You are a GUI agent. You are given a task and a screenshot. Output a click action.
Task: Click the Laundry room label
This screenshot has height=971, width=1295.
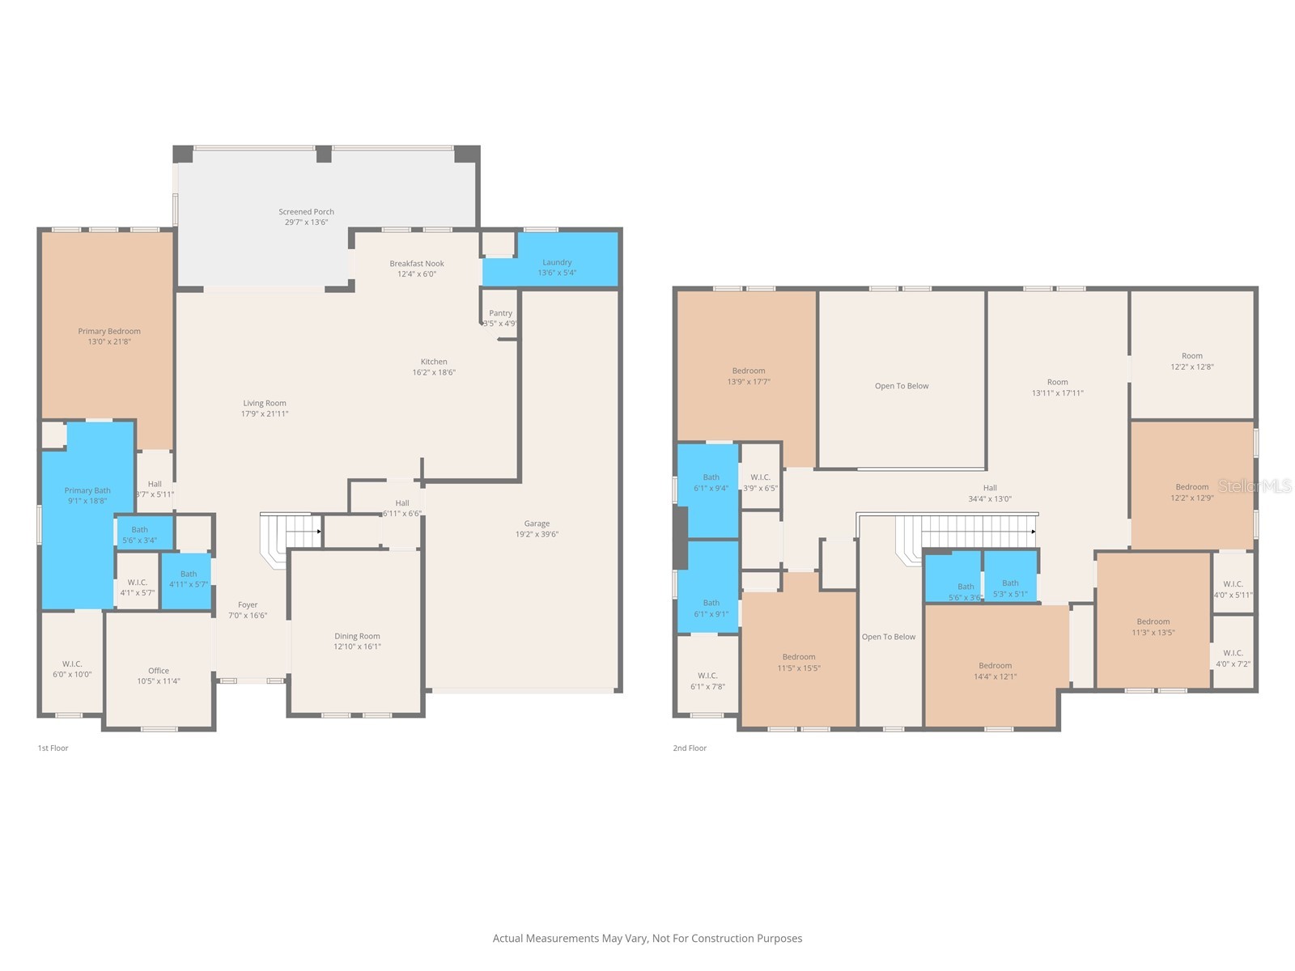coord(557,262)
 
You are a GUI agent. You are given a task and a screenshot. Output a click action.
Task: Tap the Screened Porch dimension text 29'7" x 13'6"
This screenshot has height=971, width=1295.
coord(306,223)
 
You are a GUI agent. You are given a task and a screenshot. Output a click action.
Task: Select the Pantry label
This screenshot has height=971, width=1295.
coord(500,313)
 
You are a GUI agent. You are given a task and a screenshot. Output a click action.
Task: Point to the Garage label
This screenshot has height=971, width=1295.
coord(537,524)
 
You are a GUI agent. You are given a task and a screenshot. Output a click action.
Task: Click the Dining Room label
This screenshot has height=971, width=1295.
coord(357,636)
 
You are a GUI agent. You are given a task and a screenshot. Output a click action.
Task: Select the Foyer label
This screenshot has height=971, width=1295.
coord(248,604)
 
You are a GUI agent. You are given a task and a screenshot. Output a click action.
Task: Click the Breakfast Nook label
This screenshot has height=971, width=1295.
coord(417,263)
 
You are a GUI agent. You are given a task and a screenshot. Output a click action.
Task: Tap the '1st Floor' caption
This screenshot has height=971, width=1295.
coord(53,748)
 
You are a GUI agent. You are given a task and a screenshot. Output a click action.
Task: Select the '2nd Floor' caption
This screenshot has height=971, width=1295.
coord(690,748)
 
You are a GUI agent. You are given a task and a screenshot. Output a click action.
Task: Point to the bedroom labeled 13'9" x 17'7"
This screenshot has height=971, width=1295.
coord(749,376)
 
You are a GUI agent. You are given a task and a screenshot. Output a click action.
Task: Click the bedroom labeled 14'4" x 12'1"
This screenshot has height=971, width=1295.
coord(995,671)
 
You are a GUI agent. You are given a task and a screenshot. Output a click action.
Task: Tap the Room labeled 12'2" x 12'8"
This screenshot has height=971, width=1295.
coord(1191,361)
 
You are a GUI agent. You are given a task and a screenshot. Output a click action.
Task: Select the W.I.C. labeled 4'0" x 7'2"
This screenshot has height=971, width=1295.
coord(1233,658)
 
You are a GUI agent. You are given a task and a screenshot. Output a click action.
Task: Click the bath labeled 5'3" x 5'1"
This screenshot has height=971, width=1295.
coord(1010,587)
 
